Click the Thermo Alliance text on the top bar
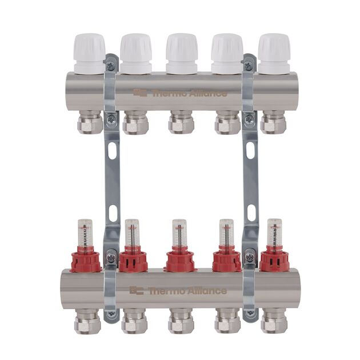pyautogui.click(x=188, y=93)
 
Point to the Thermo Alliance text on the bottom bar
pyautogui.click(x=188, y=290)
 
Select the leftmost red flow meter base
pyautogui.click(x=86, y=261)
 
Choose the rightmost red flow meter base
pyautogui.click(x=274, y=261)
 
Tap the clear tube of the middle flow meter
pyautogui.click(x=179, y=233)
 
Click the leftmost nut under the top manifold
pyautogui.click(x=90, y=123)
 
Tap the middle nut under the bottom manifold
pyautogui.click(x=181, y=322)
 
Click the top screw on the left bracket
pyautogui.click(x=111, y=66)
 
